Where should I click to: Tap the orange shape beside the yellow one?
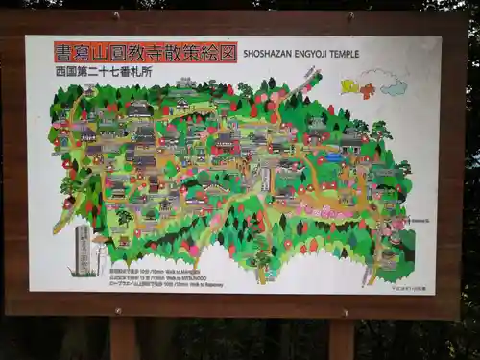point(368,90)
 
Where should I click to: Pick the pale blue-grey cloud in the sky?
point(393,87)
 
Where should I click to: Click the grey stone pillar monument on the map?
point(84,249)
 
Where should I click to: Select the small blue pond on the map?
point(332,156)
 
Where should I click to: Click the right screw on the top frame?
point(350,16)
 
